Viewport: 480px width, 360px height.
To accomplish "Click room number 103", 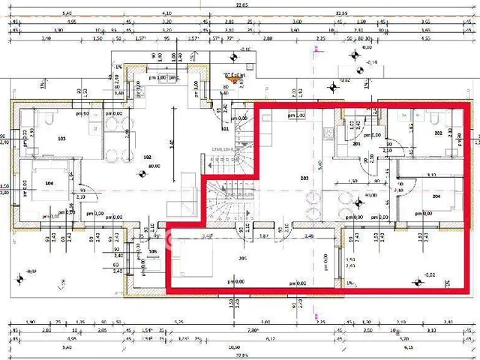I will [61, 139].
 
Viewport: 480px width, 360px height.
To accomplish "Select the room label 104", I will [49, 182].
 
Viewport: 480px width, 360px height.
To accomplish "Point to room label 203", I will [304, 178].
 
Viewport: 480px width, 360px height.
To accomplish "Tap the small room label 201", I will [357, 143].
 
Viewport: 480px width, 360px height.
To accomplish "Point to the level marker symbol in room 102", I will [139, 175].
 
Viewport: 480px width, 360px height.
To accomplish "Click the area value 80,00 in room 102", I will [154, 166].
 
